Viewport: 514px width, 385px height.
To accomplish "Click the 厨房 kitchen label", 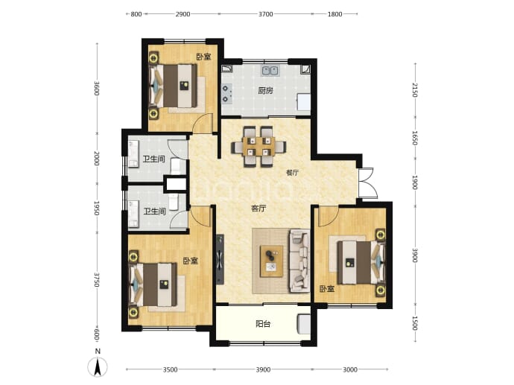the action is pos(265,90).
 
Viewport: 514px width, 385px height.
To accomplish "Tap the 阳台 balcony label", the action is pos(263,324).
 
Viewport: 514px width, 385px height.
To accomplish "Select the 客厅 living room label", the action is pos(258,209).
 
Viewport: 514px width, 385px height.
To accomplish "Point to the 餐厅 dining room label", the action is pos(293,173).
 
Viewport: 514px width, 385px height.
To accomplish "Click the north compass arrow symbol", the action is pos(98,366).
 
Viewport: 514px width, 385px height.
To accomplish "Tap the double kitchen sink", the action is pos(270,71).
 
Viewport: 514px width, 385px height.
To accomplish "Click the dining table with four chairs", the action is pos(258,147).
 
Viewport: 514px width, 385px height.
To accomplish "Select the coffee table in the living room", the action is pos(271,261).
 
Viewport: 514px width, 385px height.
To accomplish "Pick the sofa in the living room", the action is pos(299,261).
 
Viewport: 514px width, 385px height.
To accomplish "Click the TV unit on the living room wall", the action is pos(220,259).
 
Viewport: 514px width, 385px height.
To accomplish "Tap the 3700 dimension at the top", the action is pos(265,14).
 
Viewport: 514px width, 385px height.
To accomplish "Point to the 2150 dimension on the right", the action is pos(415,90).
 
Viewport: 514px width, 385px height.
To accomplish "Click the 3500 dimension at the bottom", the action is pos(170,369).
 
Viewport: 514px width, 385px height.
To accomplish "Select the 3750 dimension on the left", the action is pos(97,279).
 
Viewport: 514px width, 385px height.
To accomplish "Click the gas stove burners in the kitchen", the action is pos(225,94).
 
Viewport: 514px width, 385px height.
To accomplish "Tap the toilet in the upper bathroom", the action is pos(176,166).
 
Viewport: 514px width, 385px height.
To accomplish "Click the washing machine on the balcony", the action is pos(303,325).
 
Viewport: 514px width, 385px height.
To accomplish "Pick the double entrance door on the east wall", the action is pos(367,183).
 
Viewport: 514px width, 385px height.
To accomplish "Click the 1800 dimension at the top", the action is pos(334,14).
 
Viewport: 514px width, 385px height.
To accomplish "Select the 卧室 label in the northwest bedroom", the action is pos(203,57).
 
